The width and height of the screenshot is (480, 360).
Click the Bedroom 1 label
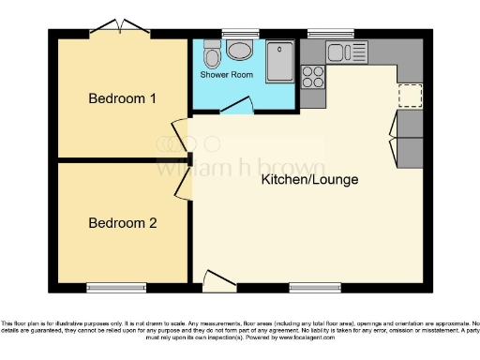tap(122, 98)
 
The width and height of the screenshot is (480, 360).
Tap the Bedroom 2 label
tap(122, 223)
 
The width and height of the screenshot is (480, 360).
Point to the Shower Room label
tap(226, 74)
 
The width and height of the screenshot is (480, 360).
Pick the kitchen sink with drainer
tap(345, 52)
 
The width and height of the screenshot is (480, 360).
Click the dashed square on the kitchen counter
tap(411, 95)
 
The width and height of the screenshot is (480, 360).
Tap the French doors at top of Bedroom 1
tap(119, 29)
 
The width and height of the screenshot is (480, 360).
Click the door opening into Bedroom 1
tap(179, 133)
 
